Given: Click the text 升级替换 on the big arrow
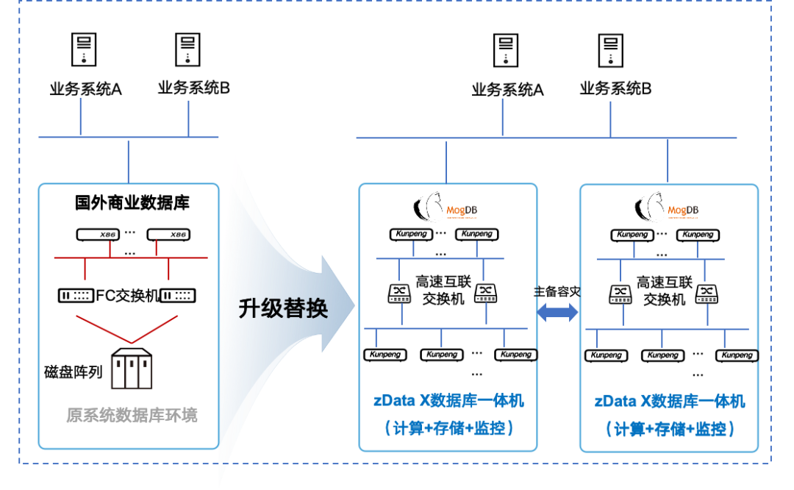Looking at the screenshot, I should pyautogui.click(x=283, y=308).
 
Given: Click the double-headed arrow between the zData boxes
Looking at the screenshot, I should pyautogui.click(x=558, y=312).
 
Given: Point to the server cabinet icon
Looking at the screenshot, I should pyautogui.click(x=131, y=372).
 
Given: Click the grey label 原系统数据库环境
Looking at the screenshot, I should pyautogui.click(x=132, y=415).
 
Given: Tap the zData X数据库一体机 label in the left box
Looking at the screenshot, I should pyautogui.click(x=448, y=401).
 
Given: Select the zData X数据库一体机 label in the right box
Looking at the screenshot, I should pyautogui.click(x=670, y=401).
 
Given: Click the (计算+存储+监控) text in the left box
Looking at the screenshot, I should pyautogui.click(x=448, y=427).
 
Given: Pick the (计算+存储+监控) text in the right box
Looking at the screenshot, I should pyautogui.click(x=670, y=427).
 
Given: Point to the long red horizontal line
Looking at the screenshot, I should pyautogui.click(x=131, y=258).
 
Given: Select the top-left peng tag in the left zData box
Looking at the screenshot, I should pyautogui.click(x=419, y=235).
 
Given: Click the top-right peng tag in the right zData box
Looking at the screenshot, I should pyautogui.click(x=704, y=235).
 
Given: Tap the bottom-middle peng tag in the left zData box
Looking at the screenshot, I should pyautogui.click(x=448, y=355).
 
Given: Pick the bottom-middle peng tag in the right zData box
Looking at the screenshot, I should pyautogui.click(x=670, y=355).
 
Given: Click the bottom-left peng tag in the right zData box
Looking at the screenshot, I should pyautogui.click(x=613, y=355).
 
